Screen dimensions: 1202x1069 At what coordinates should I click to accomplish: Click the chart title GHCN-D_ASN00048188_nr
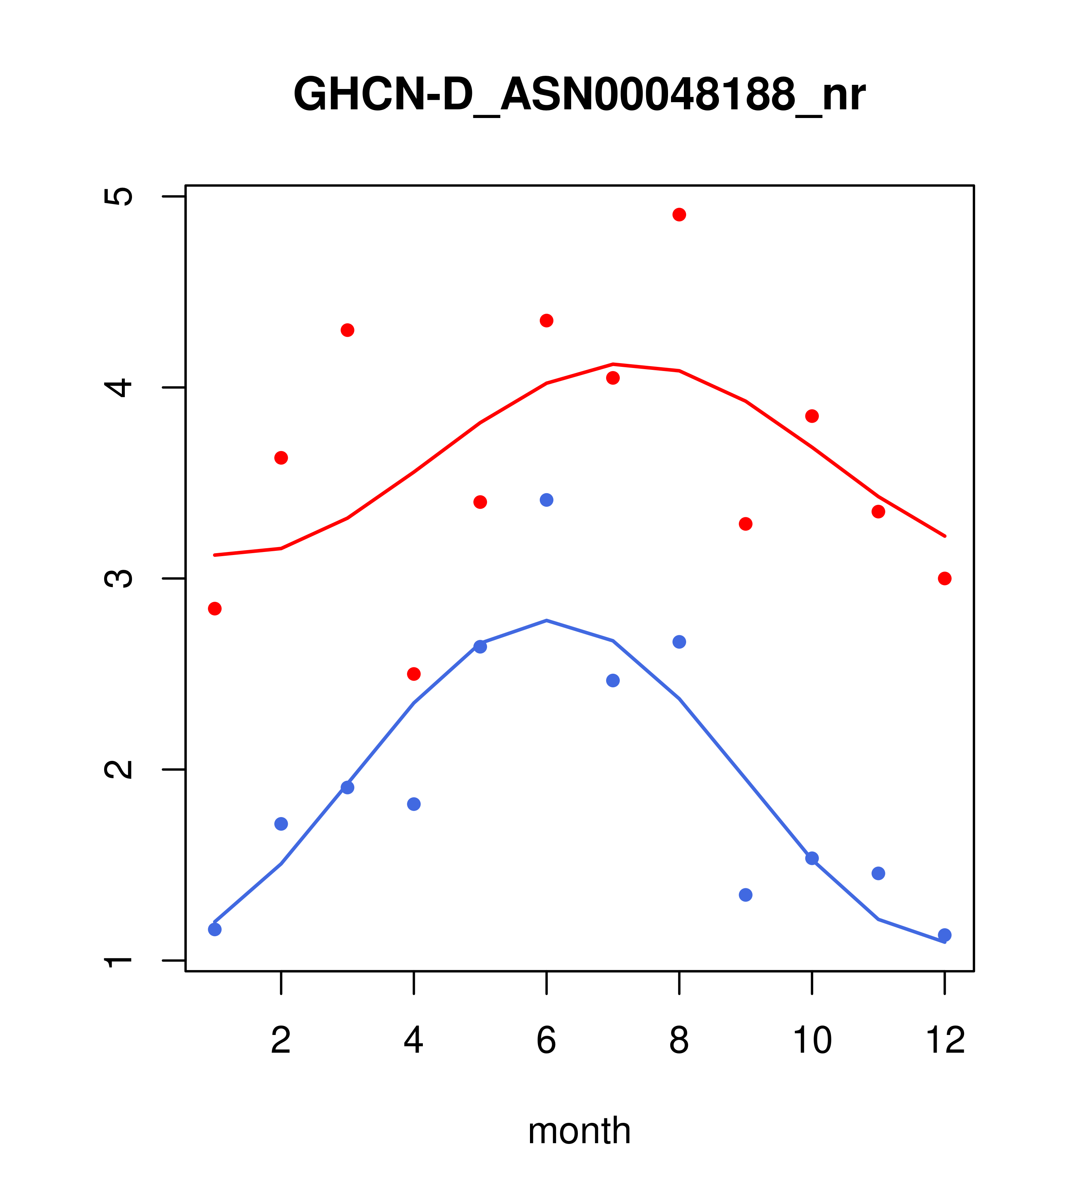click(x=579, y=95)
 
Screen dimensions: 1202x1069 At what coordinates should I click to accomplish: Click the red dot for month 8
click(x=679, y=215)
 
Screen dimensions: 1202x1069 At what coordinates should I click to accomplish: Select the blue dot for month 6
click(x=547, y=500)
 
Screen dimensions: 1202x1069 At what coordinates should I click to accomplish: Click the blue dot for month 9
click(x=745, y=895)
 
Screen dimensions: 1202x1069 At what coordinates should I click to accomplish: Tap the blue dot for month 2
click(x=281, y=824)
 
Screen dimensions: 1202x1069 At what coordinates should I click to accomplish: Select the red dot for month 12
click(x=945, y=579)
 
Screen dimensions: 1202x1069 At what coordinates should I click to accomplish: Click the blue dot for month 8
click(x=679, y=642)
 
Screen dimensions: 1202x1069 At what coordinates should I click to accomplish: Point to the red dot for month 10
click(x=812, y=416)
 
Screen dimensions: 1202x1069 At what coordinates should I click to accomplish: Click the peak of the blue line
click(x=547, y=620)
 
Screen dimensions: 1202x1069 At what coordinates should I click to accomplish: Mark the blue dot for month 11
click(x=879, y=873)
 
